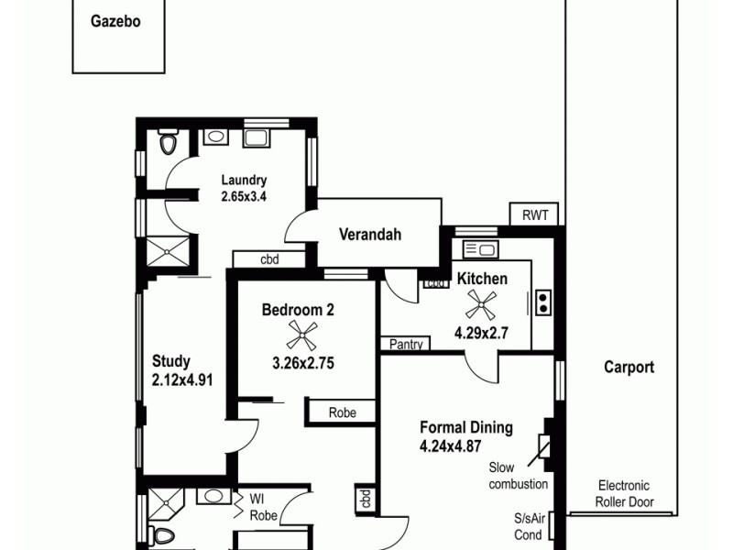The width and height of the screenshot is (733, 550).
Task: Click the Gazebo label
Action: tap(115, 21)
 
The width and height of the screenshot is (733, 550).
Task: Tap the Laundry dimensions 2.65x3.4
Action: tap(244, 196)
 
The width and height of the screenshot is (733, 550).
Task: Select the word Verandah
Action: tap(370, 235)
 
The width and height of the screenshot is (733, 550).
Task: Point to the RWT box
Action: tap(534, 215)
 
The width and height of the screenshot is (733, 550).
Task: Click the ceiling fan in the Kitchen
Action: tap(481, 303)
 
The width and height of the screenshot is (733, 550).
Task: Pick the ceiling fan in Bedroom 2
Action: tap(302, 335)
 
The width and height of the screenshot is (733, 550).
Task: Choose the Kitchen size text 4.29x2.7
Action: tap(481, 334)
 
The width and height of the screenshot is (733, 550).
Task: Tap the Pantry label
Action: tap(406, 345)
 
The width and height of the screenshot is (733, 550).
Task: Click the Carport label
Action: tap(629, 368)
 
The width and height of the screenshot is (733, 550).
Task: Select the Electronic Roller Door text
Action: tap(623, 493)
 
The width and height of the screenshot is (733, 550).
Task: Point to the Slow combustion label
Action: tap(519, 475)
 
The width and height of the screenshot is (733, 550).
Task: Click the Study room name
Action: tap(171, 361)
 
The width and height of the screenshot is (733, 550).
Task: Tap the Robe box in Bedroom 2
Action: tap(342, 413)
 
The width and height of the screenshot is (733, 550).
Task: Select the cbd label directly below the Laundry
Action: tap(269, 259)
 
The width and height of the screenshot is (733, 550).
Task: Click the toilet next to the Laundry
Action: tap(168, 143)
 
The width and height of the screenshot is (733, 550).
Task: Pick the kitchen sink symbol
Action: tap(480, 248)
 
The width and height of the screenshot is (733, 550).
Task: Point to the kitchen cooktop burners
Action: tap(542, 302)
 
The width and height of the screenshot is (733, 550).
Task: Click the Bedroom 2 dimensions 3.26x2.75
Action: tap(302, 363)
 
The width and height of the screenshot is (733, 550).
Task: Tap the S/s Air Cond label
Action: tap(529, 526)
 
